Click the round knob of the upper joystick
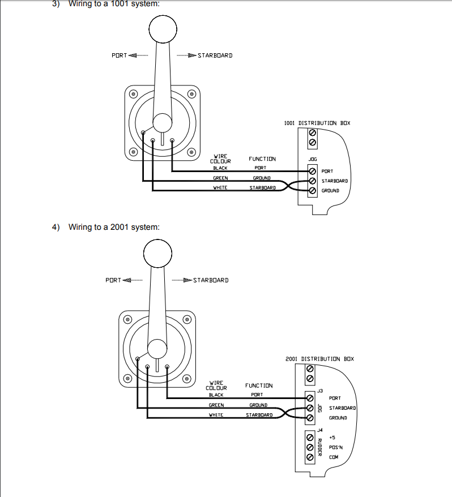163,29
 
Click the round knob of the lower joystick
157,253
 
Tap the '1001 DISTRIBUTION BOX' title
317,123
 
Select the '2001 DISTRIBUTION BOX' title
319,359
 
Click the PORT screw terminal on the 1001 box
313,171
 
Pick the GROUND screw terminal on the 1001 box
313,191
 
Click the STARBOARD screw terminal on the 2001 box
310,408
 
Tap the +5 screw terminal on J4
310,438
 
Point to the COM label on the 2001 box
334,457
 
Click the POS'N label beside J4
335,447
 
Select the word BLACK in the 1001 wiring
220,168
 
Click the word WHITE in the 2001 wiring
216,415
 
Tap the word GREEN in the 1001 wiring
220,178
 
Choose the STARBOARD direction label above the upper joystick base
215,55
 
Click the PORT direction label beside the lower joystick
113,280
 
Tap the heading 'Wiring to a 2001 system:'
114,227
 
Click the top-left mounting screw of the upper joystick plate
133,94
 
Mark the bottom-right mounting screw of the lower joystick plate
187,379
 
